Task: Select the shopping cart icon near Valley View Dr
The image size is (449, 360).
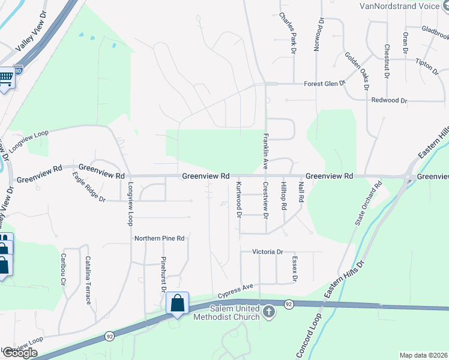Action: pos(6,78)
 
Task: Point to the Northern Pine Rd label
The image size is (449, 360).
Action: pos(159,238)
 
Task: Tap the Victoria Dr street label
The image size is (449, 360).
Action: pos(267,251)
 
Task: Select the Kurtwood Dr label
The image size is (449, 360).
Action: pos(239,199)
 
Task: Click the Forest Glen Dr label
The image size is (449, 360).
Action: pos(325,83)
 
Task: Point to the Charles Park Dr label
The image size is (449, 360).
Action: pos(288,34)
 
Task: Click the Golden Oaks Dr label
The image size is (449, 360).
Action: pos(357,71)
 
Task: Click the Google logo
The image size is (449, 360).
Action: pos(20,352)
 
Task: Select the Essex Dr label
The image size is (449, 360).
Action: pos(295,269)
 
